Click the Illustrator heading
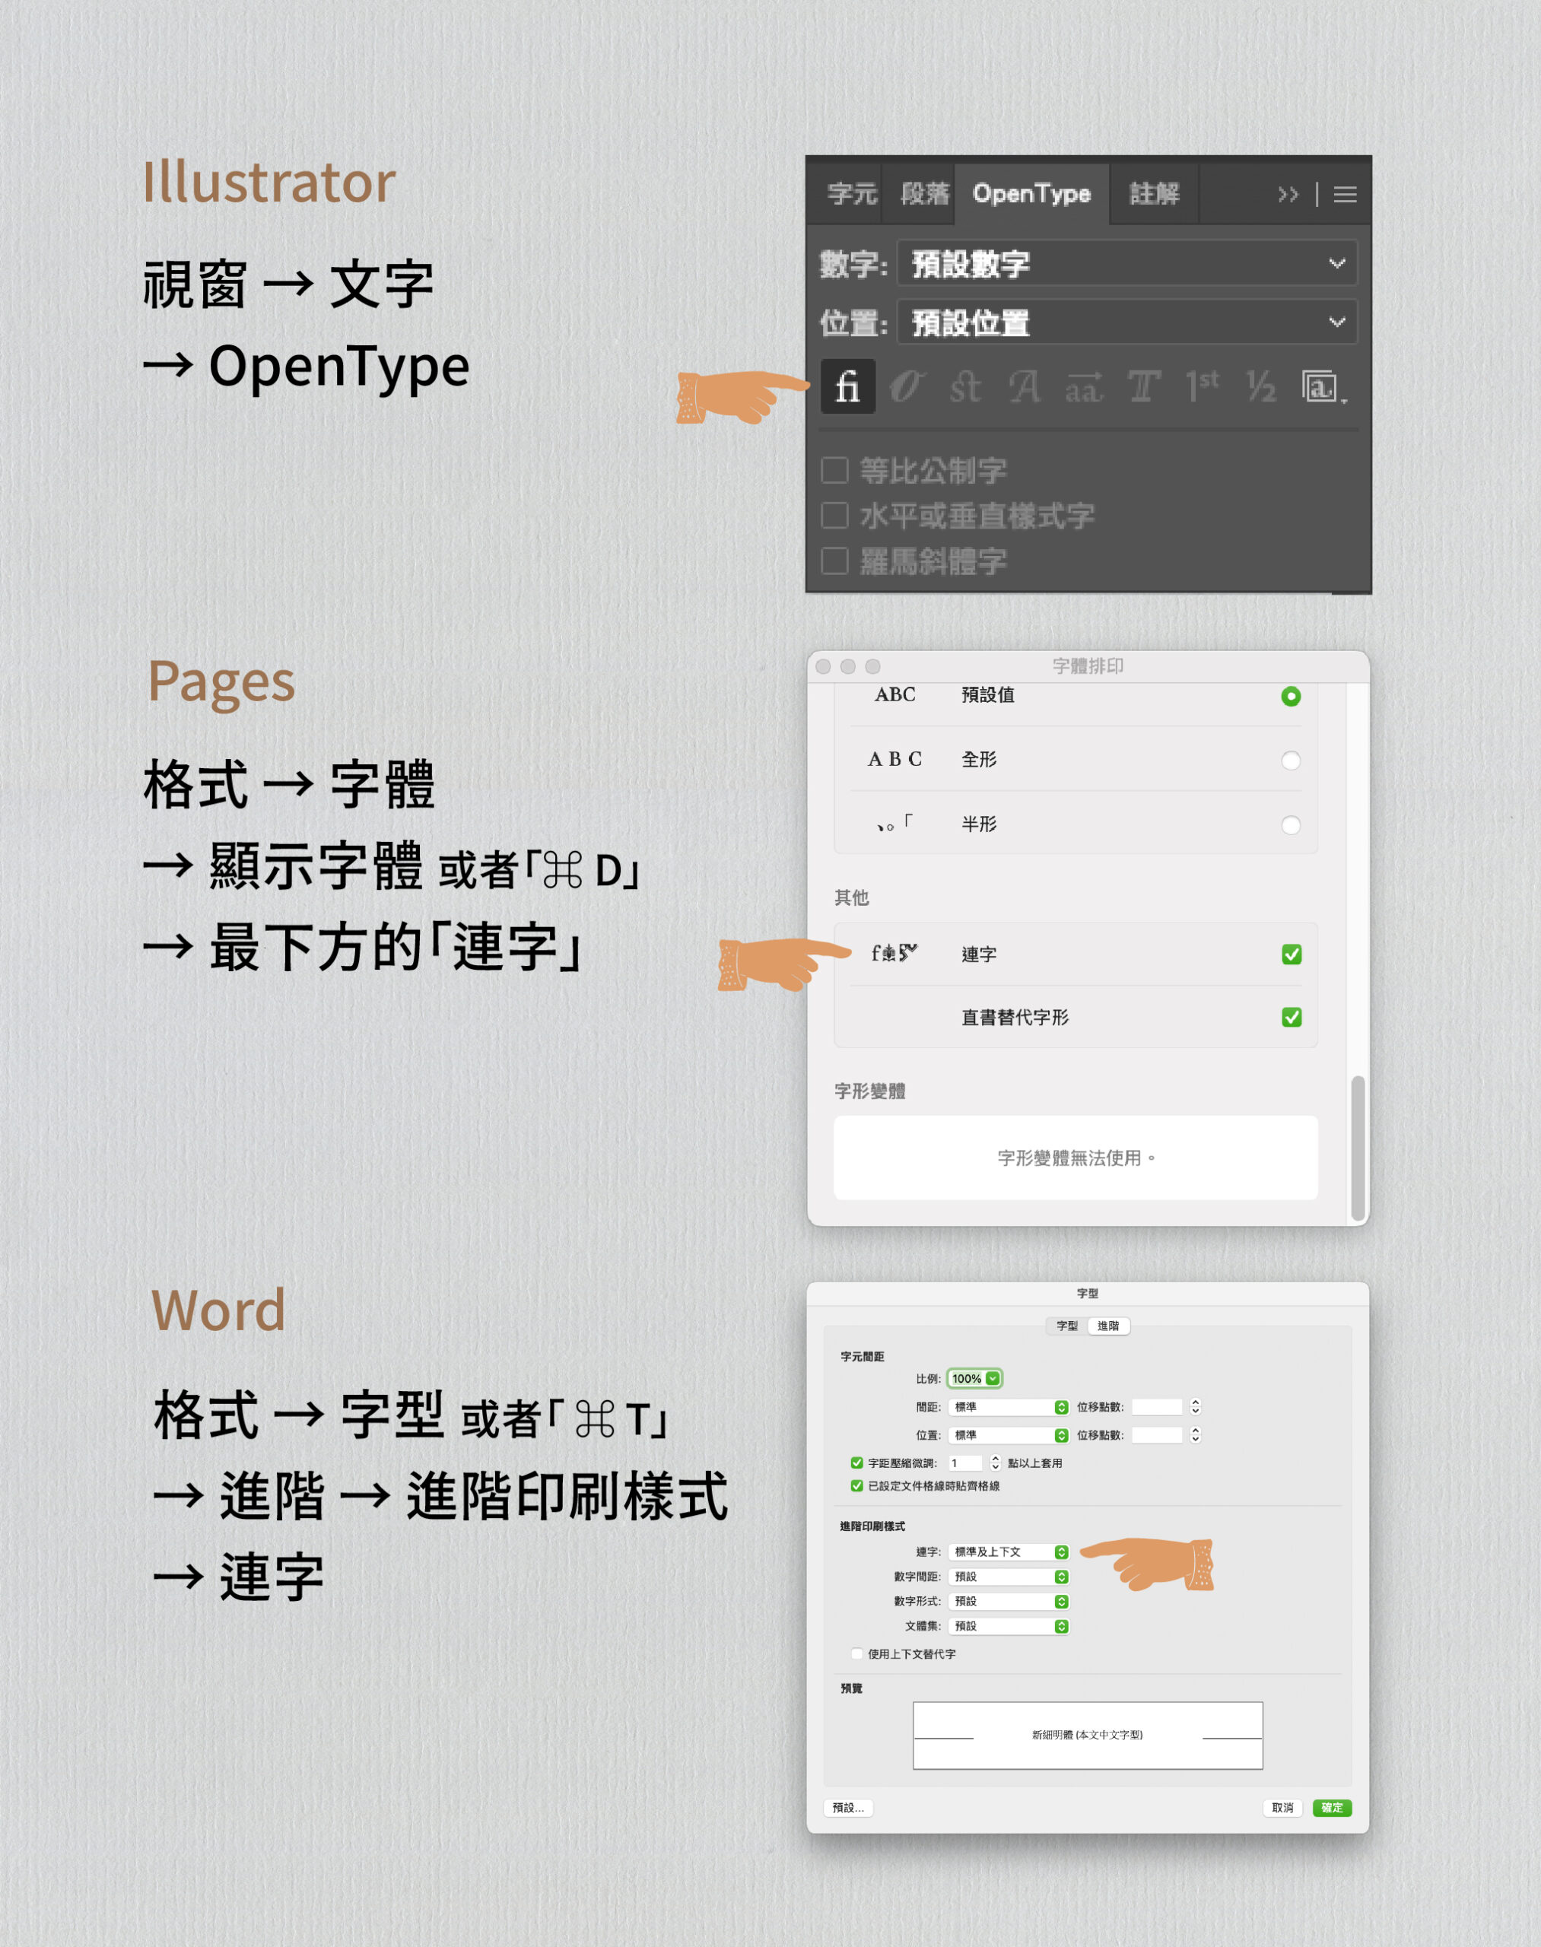268,183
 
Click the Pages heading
221,682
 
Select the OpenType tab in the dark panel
1031,194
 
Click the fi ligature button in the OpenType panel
847,387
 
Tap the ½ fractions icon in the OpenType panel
1260,387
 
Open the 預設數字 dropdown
1126,263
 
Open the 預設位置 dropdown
1126,322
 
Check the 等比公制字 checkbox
834,470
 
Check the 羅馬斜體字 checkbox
834,561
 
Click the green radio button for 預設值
1290,697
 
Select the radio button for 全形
1290,761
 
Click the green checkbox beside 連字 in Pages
1291,954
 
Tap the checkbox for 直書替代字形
1291,1018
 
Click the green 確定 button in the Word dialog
1332,1807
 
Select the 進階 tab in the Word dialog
1108,1326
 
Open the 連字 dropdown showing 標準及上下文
1009,1552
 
